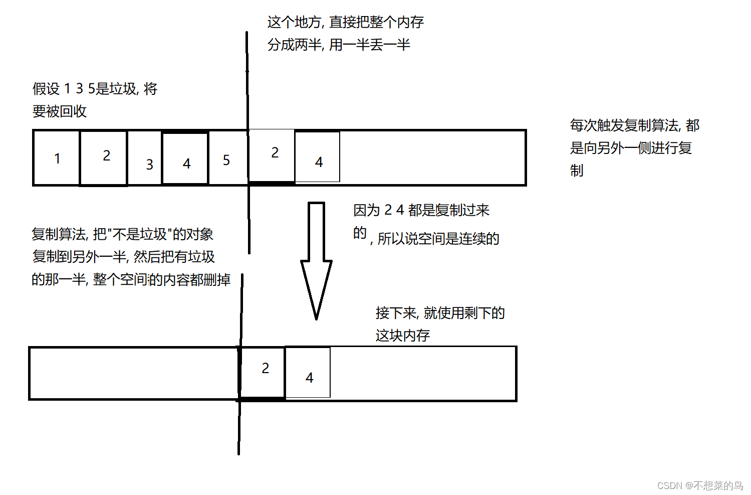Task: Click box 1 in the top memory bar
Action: [57, 158]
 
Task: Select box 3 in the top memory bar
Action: [145, 158]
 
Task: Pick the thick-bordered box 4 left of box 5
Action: [185, 158]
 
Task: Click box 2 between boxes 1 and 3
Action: [104, 158]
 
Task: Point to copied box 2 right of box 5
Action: [272, 155]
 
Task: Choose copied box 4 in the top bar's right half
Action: [318, 157]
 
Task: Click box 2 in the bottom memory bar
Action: [264, 373]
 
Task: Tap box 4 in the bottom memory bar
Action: [308, 373]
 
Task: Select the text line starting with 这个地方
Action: [345, 22]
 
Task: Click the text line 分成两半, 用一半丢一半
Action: [339, 45]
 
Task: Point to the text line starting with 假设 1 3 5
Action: [95, 89]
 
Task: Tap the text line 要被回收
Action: [60, 111]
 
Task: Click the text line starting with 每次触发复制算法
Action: [634, 125]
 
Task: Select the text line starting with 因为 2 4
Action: [421, 210]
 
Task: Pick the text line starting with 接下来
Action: [440, 313]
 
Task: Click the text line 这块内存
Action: [403, 336]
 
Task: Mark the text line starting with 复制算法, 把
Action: [122, 234]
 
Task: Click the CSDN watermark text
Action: [700, 485]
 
